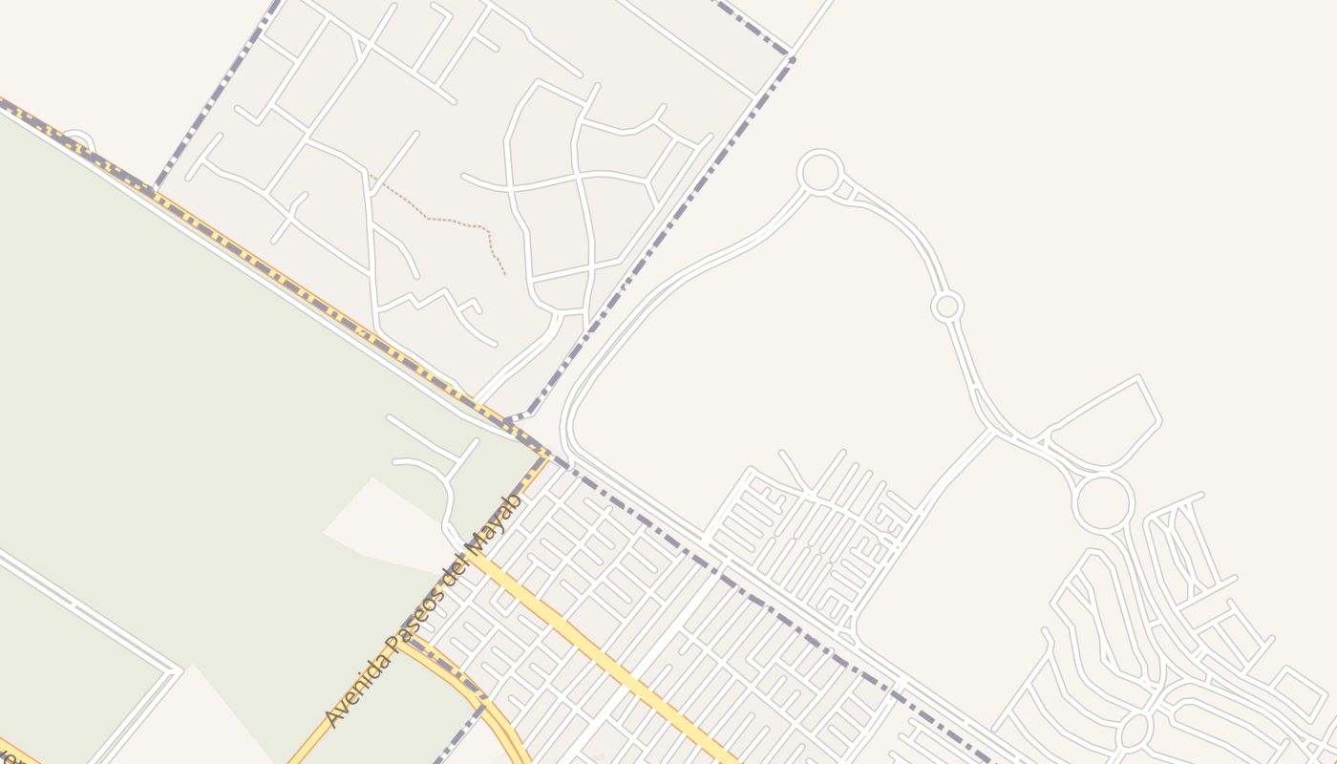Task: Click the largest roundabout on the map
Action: pyautogui.click(x=1103, y=502)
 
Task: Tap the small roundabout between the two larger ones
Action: pyautogui.click(x=946, y=307)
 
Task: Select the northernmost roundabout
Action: pyautogui.click(x=819, y=173)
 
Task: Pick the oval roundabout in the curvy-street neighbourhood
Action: pyautogui.click(x=1135, y=731)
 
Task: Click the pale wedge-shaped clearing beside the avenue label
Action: pyautogui.click(x=382, y=525)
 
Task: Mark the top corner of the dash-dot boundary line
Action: pyautogui.click(x=792, y=55)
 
